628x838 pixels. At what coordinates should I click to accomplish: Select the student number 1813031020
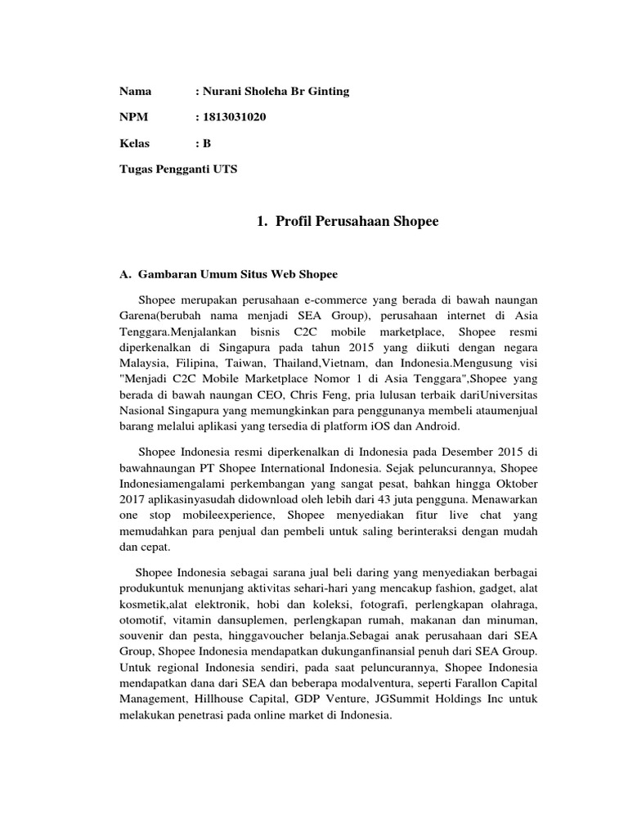[x=234, y=117]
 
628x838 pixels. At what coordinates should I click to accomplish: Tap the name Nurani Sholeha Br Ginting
[x=276, y=91]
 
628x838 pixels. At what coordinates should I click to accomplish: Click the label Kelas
[x=136, y=143]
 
